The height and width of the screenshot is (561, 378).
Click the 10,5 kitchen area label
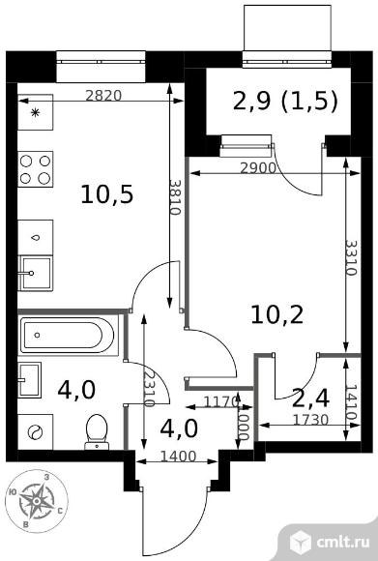(107, 194)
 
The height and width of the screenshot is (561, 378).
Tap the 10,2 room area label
(277, 314)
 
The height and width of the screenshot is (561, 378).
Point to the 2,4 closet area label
(310, 399)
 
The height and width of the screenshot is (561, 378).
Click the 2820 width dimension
(103, 95)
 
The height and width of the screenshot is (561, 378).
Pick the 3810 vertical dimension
(175, 196)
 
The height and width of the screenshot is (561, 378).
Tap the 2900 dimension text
(258, 167)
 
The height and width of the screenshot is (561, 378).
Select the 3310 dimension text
(351, 257)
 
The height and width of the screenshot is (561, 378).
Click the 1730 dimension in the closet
(310, 420)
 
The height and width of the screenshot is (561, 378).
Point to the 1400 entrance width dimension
(178, 457)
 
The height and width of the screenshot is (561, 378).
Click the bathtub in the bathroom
(68, 336)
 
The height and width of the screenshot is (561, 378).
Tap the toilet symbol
(97, 431)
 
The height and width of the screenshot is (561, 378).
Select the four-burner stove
(36, 169)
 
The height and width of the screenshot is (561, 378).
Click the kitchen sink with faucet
(36, 273)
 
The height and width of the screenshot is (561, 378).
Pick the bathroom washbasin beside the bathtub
(29, 379)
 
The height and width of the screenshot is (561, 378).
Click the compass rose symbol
(37, 501)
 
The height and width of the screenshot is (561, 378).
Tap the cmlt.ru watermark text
(343, 542)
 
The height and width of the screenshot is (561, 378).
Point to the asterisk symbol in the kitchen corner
(35, 113)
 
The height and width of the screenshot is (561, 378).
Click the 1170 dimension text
(220, 402)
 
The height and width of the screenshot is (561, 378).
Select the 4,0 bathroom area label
(76, 390)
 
